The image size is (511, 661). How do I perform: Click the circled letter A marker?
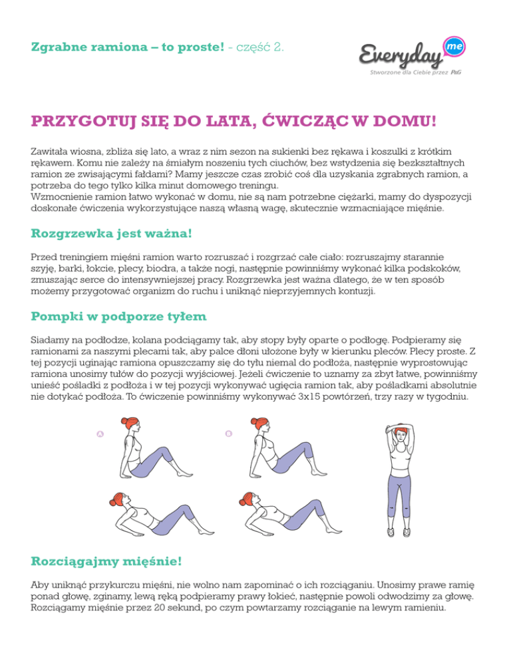click(x=100, y=434)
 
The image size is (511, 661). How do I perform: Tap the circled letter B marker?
click(x=228, y=434)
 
